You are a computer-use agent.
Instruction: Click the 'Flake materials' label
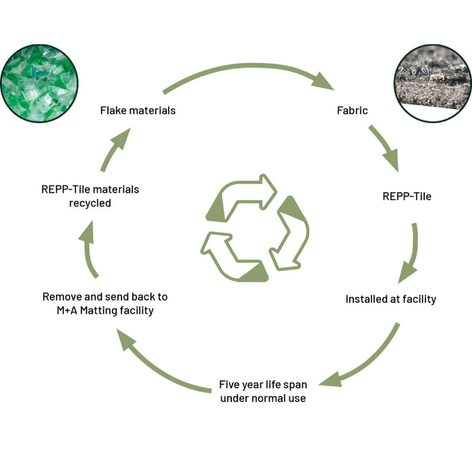(x=138, y=111)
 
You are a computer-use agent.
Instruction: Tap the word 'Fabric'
(x=352, y=111)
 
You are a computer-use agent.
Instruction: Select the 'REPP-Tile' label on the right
(x=407, y=196)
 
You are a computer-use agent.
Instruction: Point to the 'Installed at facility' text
(x=390, y=299)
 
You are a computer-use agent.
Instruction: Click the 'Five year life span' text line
(x=263, y=385)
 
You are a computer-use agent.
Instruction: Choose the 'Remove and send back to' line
(x=105, y=297)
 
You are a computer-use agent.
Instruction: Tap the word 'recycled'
(x=90, y=203)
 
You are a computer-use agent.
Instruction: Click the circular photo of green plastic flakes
(x=39, y=84)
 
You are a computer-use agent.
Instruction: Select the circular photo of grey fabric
(x=433, y=84)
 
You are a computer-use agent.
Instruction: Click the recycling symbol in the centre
(x=255, y=228)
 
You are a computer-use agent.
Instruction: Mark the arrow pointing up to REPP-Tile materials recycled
(x=88, y=250)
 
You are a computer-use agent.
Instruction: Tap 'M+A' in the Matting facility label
(x=67, y=310)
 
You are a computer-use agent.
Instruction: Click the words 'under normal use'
(x=263, y=399)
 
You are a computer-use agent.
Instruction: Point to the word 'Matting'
(x=98, y=310)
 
